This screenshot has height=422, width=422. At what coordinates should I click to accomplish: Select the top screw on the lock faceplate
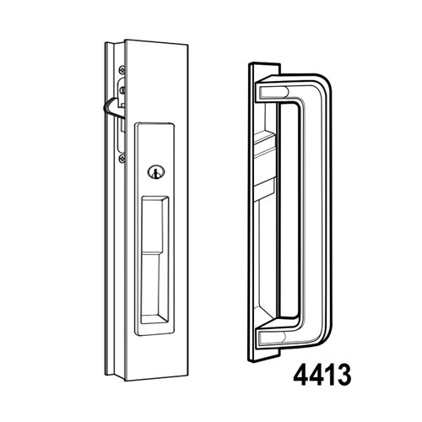(x=123, y=71)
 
